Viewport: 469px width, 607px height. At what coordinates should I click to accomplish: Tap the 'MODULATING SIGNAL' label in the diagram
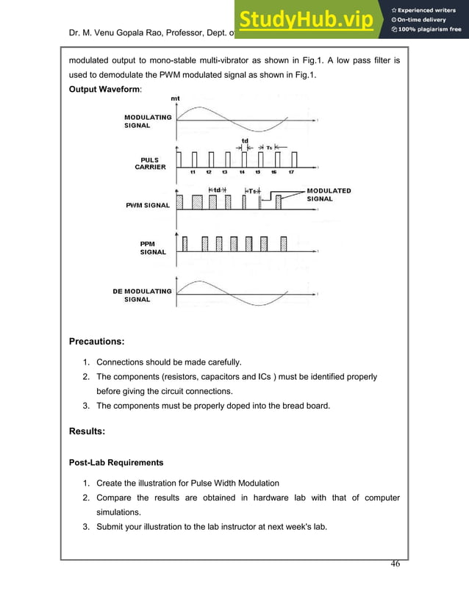(x=148, y=121)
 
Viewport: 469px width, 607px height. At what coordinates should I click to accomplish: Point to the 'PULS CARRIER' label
(x=150, y=163)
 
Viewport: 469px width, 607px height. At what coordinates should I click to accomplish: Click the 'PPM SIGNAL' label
(x=154, y=248)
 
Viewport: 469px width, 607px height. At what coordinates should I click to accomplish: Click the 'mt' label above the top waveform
(x=175, y=98)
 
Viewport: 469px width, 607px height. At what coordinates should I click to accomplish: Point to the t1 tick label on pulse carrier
(x=193, y=173)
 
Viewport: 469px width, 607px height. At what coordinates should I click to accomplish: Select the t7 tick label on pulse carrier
(x=291, y=173)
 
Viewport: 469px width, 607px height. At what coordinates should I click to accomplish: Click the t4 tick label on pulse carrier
(x=242, y=173)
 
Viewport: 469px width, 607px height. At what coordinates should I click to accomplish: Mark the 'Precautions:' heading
(x=96, y=341)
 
